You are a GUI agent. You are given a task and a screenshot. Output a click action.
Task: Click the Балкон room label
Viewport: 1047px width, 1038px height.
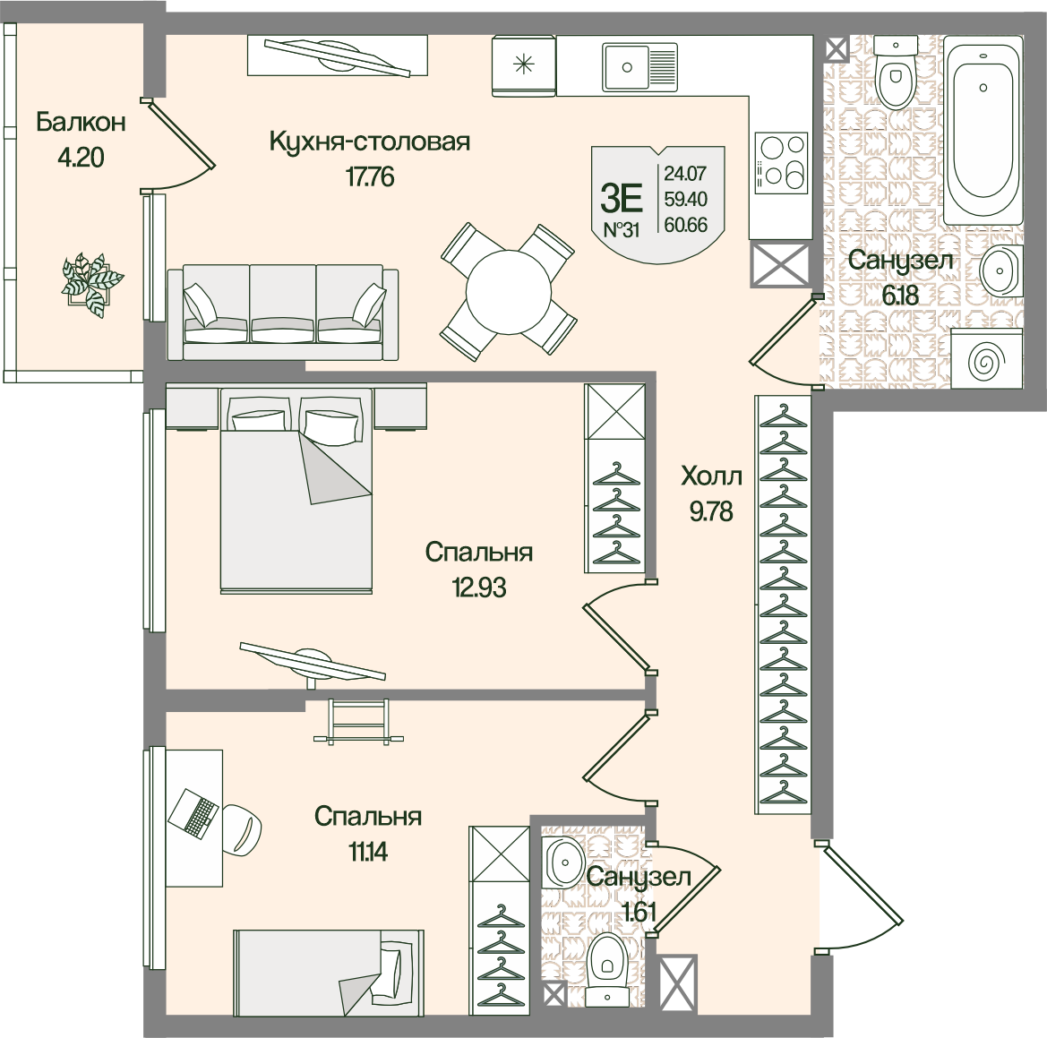tap(81, 122)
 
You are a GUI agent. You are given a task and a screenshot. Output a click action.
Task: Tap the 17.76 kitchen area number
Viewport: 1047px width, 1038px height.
tap(370, 177)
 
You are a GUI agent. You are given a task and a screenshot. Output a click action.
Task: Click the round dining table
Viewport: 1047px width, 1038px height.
tap(509, 292)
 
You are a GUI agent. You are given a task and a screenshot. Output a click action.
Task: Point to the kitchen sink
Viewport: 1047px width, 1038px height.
tap(639, 67)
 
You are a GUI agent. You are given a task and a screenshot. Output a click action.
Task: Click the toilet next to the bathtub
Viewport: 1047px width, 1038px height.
tap(896, 73)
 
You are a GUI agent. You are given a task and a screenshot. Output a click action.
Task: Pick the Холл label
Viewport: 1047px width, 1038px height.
tap(712, 476)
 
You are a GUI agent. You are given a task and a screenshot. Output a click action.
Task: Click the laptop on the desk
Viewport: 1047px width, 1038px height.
tap(193, 813)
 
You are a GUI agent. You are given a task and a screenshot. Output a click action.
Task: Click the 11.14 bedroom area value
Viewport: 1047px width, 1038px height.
tap(368, 852)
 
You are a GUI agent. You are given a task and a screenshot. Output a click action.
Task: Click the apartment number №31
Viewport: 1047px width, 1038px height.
tap(622, 230)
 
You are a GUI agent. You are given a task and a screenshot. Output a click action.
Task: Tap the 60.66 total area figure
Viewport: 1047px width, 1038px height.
tap(686, 225)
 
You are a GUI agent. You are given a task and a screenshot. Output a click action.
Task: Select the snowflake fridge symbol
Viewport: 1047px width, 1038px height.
tap(524, 64)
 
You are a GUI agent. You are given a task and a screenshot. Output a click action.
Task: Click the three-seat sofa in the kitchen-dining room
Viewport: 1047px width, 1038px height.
tap(283, 313)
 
